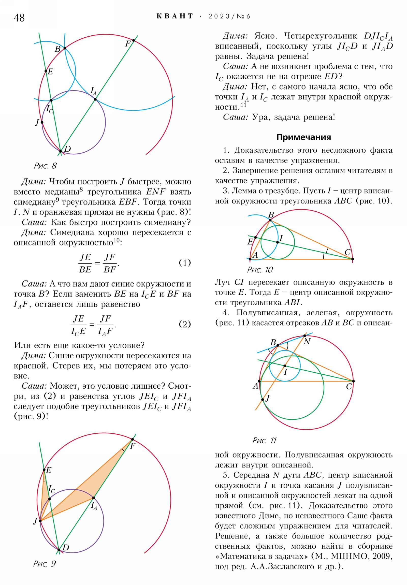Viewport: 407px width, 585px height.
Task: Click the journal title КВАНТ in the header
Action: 175,16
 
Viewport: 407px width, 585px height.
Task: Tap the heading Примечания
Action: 303,137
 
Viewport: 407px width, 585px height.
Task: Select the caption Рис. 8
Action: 45,166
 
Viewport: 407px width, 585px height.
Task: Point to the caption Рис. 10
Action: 260,270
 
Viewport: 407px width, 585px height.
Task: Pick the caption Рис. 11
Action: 264,440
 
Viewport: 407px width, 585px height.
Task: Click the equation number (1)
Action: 185,262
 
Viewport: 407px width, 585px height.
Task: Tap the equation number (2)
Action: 185,324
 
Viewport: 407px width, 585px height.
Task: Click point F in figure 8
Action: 134,40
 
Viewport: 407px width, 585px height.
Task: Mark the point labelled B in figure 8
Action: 65,48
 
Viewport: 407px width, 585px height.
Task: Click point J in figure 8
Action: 42,122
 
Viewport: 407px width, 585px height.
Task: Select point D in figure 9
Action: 59,550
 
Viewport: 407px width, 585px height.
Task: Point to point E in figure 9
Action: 44,470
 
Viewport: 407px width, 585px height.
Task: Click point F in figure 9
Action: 133,439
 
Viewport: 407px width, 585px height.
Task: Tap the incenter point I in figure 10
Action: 278,242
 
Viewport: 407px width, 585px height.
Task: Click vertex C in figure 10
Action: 353,259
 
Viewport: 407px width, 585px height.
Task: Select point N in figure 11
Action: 304,335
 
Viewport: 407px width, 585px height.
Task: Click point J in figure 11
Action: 263,400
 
